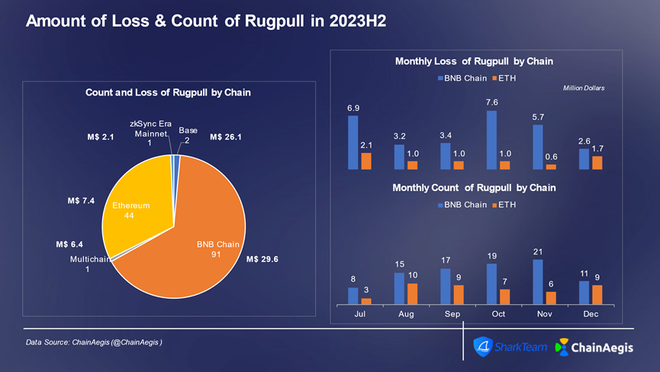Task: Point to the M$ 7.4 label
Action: (80, 202)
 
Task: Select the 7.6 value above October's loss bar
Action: (491, 102)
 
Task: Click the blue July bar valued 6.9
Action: (353, 141)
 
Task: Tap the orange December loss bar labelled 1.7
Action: (597, 162)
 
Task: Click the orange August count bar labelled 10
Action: (412, 294)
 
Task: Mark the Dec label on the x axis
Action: (591, 314)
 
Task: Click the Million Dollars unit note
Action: (583, 89)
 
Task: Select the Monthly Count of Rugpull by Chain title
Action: (473, 187)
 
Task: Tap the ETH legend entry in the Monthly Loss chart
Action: (504, 78)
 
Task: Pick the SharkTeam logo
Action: (510, 348)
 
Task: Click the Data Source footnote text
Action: (94, 342)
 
